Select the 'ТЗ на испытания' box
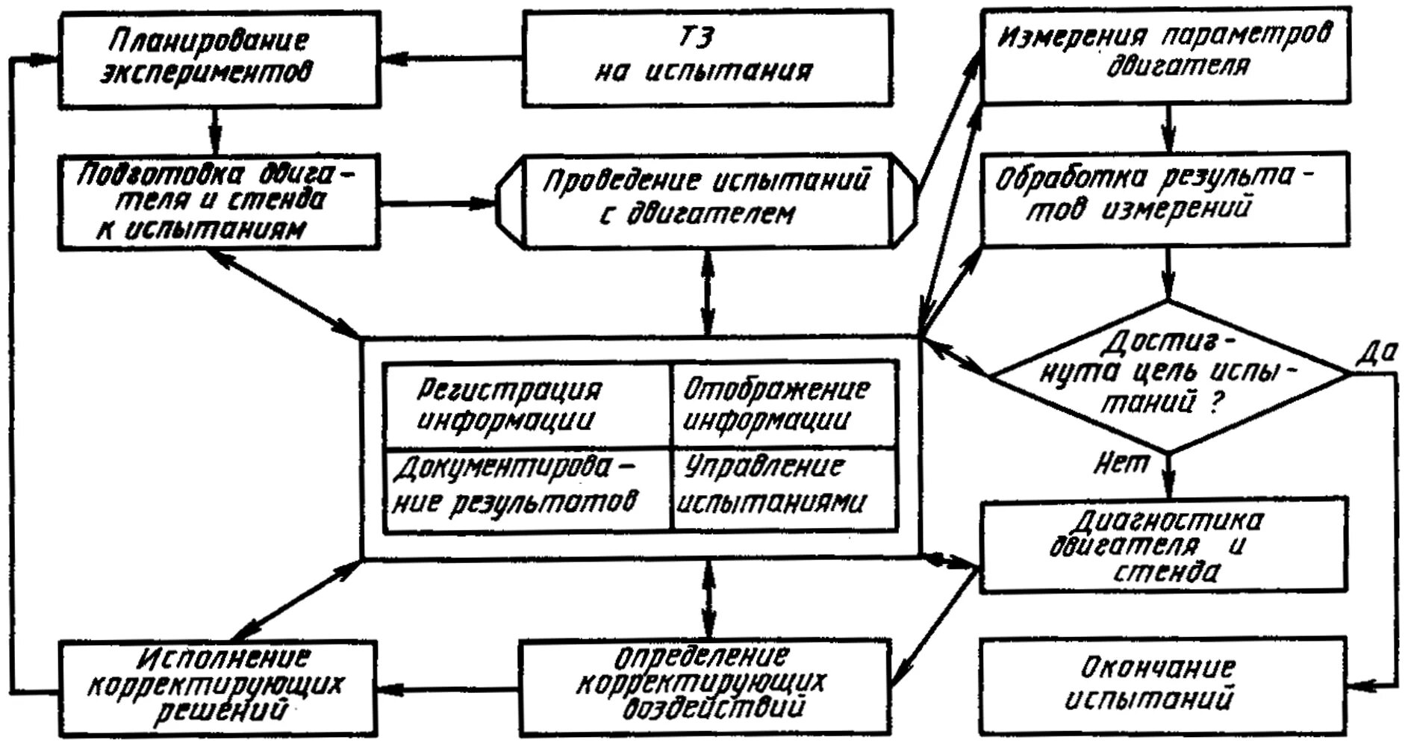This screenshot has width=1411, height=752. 706,58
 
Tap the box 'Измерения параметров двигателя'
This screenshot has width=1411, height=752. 1165,54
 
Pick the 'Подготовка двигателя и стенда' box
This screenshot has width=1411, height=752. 219,202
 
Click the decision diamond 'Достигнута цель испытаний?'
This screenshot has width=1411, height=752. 1169,376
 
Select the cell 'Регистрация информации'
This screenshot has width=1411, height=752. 526,405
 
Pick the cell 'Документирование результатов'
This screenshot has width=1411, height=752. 526,489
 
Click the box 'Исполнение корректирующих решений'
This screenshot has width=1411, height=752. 217,686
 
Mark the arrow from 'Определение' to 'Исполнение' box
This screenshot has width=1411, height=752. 448,688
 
